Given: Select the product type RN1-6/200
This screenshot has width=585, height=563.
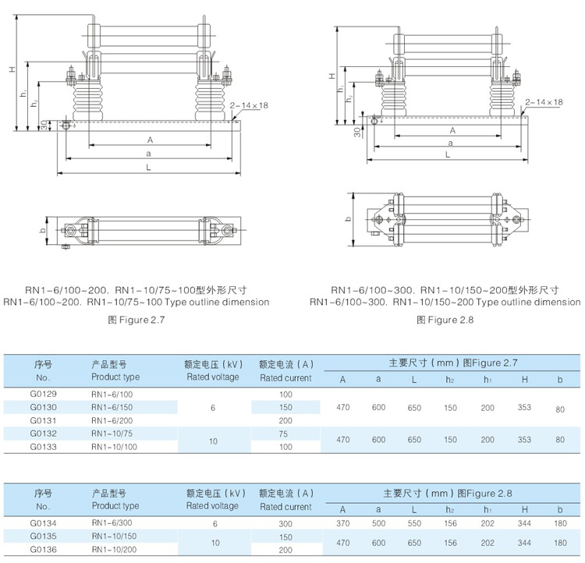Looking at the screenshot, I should click(x=112, y=420).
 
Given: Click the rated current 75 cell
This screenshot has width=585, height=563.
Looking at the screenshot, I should click(x=285, y=434).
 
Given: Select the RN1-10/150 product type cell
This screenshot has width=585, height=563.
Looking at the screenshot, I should click(x=112, y=536).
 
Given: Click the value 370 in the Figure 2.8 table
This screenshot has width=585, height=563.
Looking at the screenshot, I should click(x=342, y=523).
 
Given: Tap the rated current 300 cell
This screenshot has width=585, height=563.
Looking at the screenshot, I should click(x=285, y=523).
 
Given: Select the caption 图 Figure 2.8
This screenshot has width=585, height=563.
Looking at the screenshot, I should click(x=445, y=320).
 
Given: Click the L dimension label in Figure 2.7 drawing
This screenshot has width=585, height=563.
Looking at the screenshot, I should click(x=148, y=168).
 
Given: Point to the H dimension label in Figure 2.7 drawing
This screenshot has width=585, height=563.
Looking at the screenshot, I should click(x=12, y=69).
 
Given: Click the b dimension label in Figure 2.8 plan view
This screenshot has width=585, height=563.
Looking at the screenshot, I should click(x=348, y=220).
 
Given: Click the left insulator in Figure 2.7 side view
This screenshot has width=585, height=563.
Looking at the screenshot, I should click(x=86, y=101).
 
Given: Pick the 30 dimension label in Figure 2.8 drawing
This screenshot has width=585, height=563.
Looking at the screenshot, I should click(x=357, y=132).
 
